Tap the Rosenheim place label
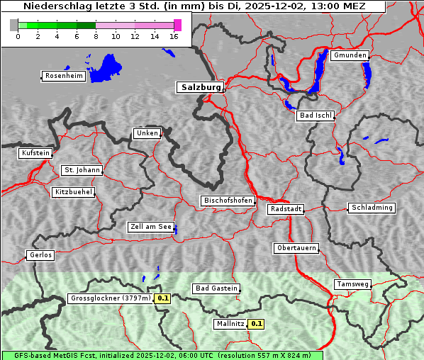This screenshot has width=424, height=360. point(63,76)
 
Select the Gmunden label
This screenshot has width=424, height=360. point(350,55)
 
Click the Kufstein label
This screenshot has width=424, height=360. point(35,153)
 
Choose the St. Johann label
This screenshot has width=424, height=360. point(82,170)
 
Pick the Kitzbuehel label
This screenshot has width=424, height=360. point(73,192)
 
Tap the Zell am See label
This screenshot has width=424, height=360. point(151,227)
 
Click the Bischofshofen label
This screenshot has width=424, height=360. point(228,201)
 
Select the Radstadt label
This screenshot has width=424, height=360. point(286,209)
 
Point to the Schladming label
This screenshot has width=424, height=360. point(371,208)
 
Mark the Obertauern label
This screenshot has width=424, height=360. point(296,248)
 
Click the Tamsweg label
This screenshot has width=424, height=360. point(352,284)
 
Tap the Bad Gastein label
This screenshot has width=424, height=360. point(216,288)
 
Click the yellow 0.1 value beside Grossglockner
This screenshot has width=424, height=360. point(163,298)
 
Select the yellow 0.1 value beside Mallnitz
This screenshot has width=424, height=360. point(257,324)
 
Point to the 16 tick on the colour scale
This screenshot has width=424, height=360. point(174,36)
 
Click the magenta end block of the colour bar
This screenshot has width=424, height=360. point(177,25)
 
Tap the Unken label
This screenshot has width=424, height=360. point(147,133)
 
